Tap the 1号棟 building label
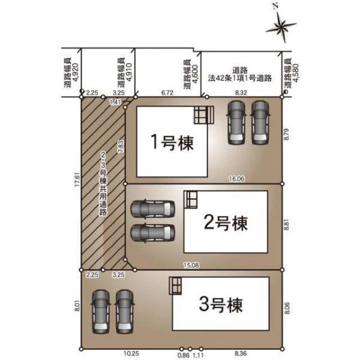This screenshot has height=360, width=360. click(x=172, y=142)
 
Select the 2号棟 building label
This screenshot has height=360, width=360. click(x=226, y=223)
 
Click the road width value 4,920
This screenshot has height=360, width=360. click(x=76, y=72)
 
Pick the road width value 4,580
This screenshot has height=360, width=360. click(x=296, y=73)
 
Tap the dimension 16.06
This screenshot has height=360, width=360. click(x=237, y=178)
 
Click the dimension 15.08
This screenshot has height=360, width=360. click(x=191, y=265)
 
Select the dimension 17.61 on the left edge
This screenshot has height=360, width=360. click(x=77, y=180)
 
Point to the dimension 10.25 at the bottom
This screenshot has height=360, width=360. click(x=131, y=353)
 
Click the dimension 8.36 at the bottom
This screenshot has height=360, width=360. click(x=241, y=353)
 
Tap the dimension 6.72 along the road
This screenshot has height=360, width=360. click(x=167, y=93)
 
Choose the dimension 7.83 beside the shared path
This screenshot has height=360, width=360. click(x=121, y=146)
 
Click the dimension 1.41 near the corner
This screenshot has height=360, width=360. click(x=115, y=102)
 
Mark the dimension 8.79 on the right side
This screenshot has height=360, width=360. click(x=287, y=134)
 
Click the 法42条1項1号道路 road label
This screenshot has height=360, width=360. click(x=239, y=78)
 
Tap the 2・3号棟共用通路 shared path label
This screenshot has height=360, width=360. click(x=103, y=184)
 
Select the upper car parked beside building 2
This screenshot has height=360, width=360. click(x=152, y=209)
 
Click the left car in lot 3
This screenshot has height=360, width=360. click(x=101, y=311)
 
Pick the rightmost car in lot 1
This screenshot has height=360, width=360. click(x=260, y=123)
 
